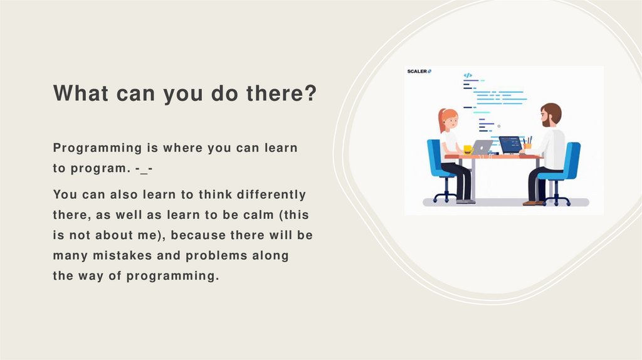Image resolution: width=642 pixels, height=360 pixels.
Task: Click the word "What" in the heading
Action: (x=81, y=93)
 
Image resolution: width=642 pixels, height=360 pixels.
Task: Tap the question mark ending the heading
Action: (x=311, y=93)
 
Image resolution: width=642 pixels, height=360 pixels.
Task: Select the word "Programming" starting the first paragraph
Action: (x=97, y=148)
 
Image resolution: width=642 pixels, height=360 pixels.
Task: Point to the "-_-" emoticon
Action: (x=144, y=169)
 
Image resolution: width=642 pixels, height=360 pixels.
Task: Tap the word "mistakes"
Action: (x=122, y=255)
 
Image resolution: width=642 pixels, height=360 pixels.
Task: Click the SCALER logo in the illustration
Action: (x=419, y=71)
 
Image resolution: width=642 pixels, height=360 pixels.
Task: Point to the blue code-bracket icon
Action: (x=468, y=75)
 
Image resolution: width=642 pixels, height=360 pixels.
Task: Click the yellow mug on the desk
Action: (x=468, y=149)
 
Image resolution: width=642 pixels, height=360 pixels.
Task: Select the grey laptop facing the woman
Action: (x=482, y=147)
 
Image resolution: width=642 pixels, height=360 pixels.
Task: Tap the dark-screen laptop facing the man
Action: (x=510, y=145)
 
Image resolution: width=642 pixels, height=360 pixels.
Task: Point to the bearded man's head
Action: (x=550, y=115)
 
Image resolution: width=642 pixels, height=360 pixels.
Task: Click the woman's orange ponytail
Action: (x=441, y=120)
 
